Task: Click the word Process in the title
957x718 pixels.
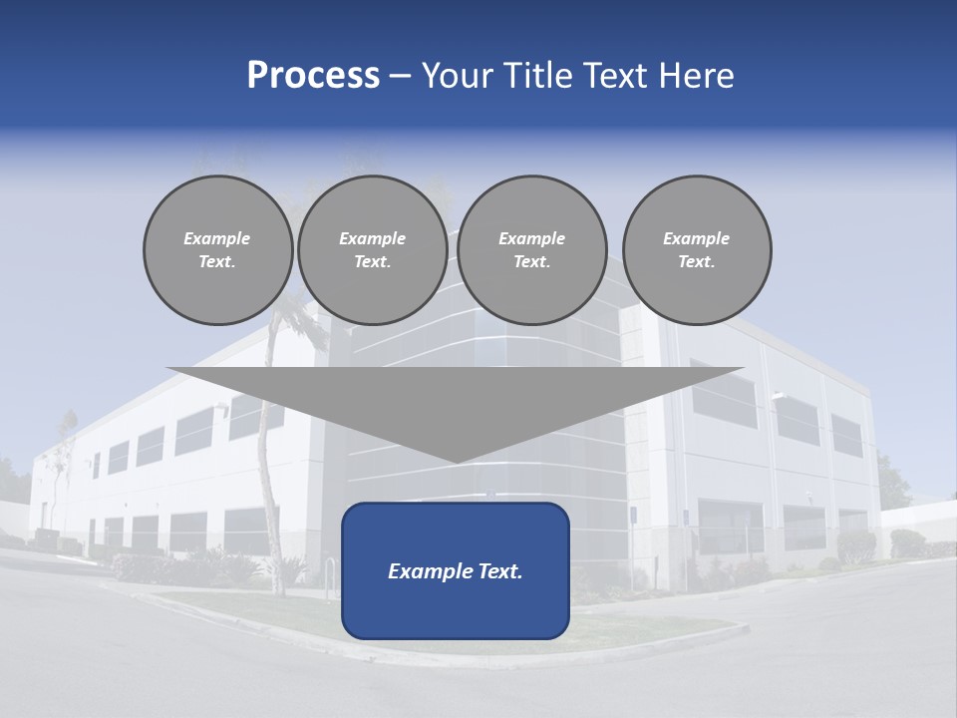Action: tap(313, 76)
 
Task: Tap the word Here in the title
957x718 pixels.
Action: tap(695, 76)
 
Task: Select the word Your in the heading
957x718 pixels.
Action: tap(459, 76)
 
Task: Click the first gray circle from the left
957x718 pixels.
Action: tap(217, 250)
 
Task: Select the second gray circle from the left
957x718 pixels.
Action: tap(372, 250)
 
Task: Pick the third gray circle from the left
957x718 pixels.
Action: tap(531, 250)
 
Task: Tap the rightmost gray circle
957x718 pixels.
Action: tap(697, 250)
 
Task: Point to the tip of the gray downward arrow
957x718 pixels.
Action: tap(456, 461)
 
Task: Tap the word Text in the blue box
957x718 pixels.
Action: tap(498, 571)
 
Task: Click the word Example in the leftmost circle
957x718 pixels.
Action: tap(217, 238)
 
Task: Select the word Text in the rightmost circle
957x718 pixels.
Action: tap(696, 262)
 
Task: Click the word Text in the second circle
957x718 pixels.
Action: tap(372, 262)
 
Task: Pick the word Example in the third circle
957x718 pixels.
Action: tap(531, 238)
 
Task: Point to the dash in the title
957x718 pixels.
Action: tap(400, 77)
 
